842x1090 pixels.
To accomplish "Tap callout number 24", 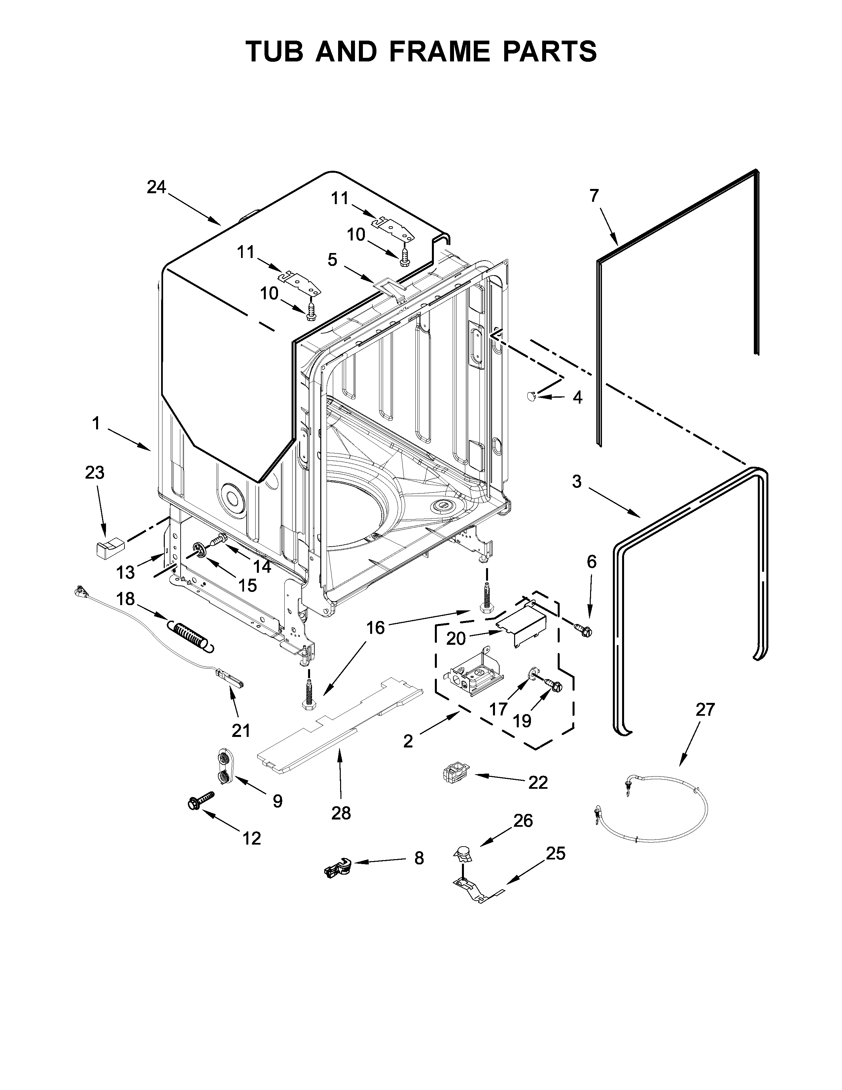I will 156,187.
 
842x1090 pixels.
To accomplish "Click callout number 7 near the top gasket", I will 594,196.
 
